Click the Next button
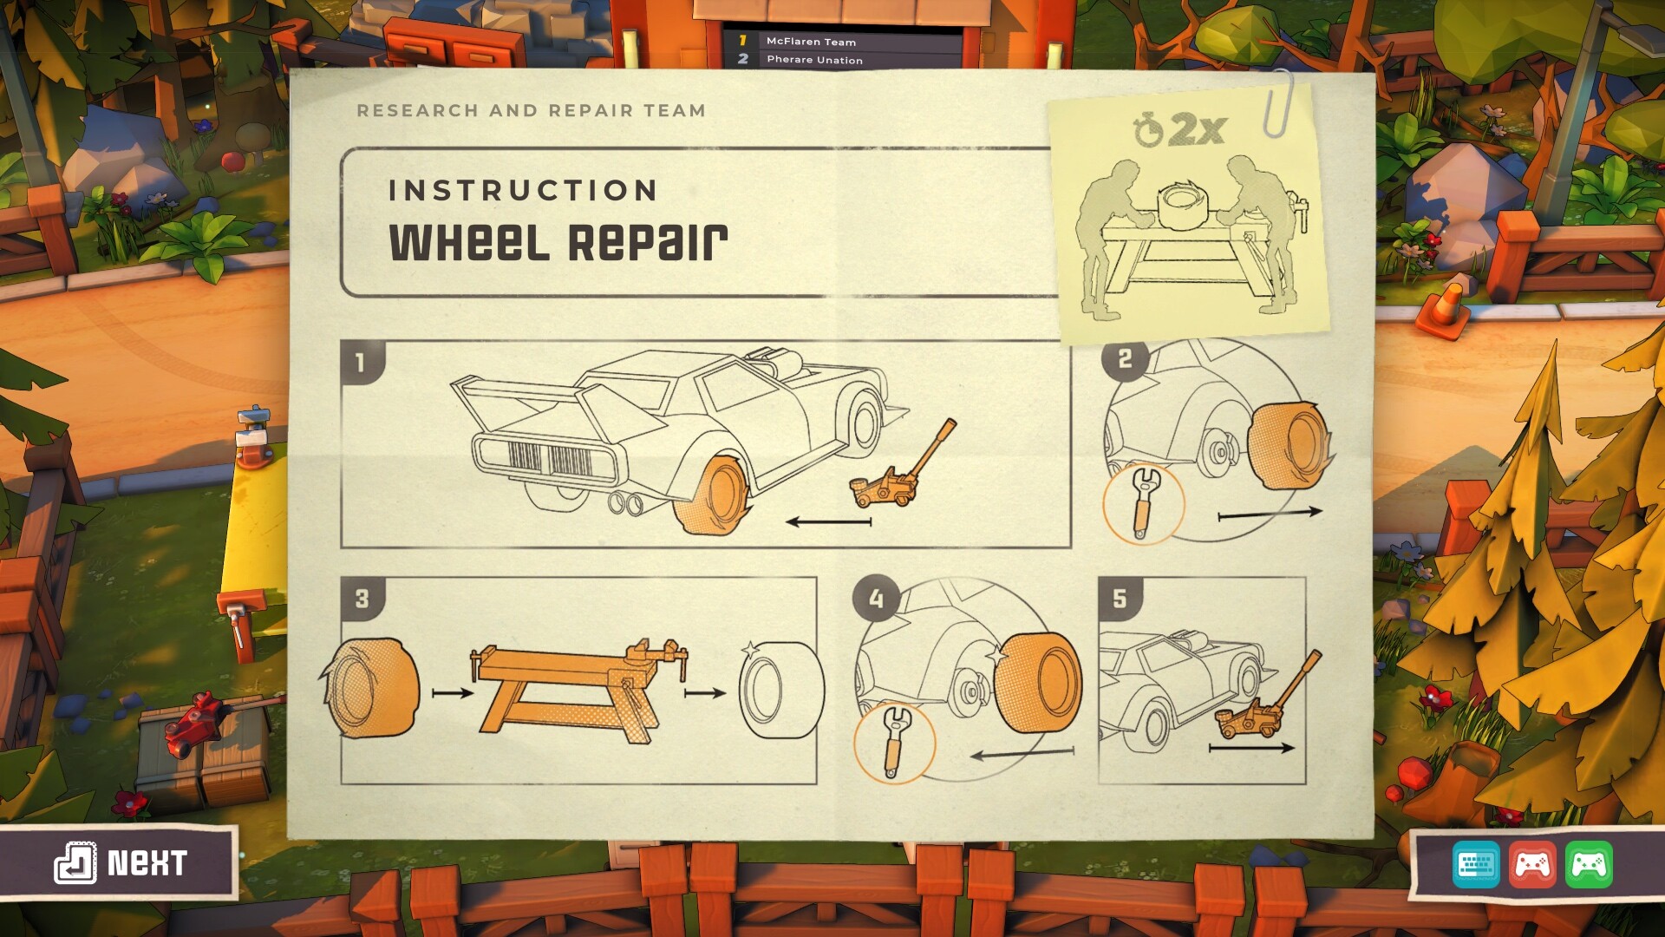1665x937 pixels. [121, 862]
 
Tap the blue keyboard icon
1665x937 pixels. [1476, 864]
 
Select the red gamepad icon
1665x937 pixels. [1532, 864]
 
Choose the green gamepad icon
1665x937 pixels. [1589, 864]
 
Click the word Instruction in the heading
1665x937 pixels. [523, 190]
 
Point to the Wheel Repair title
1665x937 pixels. [558, 242]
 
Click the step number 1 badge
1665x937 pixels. [361, 362]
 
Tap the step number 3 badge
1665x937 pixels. [362, 599]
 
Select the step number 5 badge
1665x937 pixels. [1120, 599]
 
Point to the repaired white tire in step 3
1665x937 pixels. [777, 690]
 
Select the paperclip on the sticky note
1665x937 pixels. [1277, 103]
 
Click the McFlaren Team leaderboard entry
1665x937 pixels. [811, 41]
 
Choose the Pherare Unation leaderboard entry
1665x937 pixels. [814, 60]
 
